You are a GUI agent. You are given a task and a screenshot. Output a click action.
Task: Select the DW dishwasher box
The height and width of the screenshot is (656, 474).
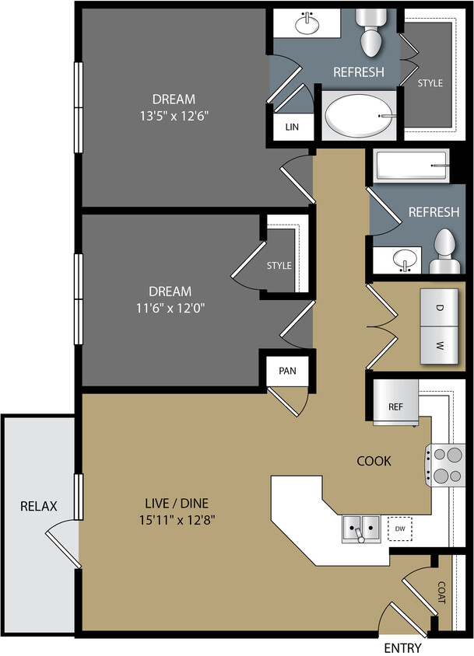click(400, 529)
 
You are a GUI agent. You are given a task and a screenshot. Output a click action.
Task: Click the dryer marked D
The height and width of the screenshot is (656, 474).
click(439, 308)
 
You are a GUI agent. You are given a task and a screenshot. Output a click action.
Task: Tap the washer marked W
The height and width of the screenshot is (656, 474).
click(439, 344)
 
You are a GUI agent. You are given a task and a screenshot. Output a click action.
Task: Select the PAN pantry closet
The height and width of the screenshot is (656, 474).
click(287, 371)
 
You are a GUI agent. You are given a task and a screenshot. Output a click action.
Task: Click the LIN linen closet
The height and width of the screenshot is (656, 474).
click(292, 127)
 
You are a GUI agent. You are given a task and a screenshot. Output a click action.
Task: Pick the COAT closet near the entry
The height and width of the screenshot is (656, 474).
click(441, 594)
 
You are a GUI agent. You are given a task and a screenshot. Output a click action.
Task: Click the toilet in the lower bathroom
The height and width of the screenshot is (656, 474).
click(446, 253)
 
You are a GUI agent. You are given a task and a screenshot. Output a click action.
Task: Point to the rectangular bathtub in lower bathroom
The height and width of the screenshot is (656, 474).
click(410, 166)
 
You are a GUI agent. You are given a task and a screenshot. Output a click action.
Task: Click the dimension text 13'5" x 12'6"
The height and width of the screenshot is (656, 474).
click(174, 115)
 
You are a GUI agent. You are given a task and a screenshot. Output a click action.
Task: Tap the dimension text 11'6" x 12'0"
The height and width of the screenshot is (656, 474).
click(170, 307)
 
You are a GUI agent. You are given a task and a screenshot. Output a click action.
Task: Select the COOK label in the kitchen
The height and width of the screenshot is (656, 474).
click(374, 461)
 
